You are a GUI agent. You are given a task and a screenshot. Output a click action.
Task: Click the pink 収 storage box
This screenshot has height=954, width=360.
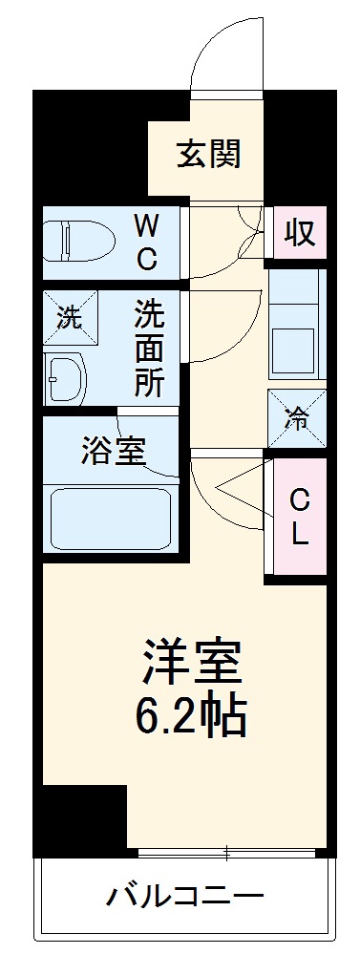300,233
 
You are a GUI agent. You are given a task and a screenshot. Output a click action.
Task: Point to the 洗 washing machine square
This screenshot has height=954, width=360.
69,319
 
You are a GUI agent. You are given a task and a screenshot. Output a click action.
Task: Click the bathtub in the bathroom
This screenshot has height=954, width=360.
110,518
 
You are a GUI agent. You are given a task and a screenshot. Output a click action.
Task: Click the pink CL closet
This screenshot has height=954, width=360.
299,517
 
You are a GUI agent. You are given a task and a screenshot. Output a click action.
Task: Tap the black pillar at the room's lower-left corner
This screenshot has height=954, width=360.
81,817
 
